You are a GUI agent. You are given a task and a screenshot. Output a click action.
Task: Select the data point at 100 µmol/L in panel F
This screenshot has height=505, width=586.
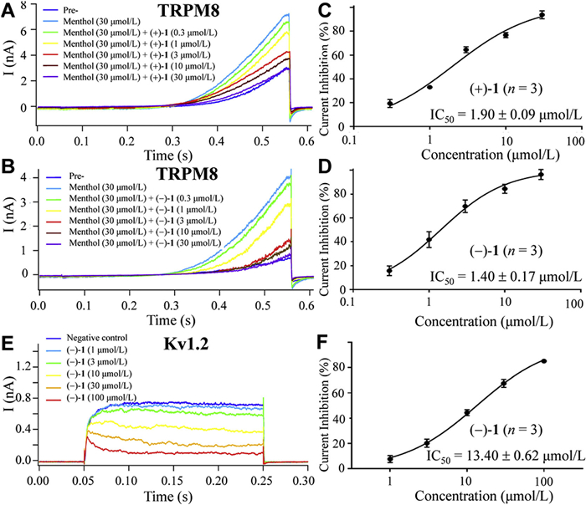tap(544, 361)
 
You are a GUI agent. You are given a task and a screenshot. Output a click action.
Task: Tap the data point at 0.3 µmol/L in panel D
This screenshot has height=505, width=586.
tap(389, 270)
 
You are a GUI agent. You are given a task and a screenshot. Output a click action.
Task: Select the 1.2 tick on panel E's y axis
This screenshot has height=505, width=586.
tap(22, 366)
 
